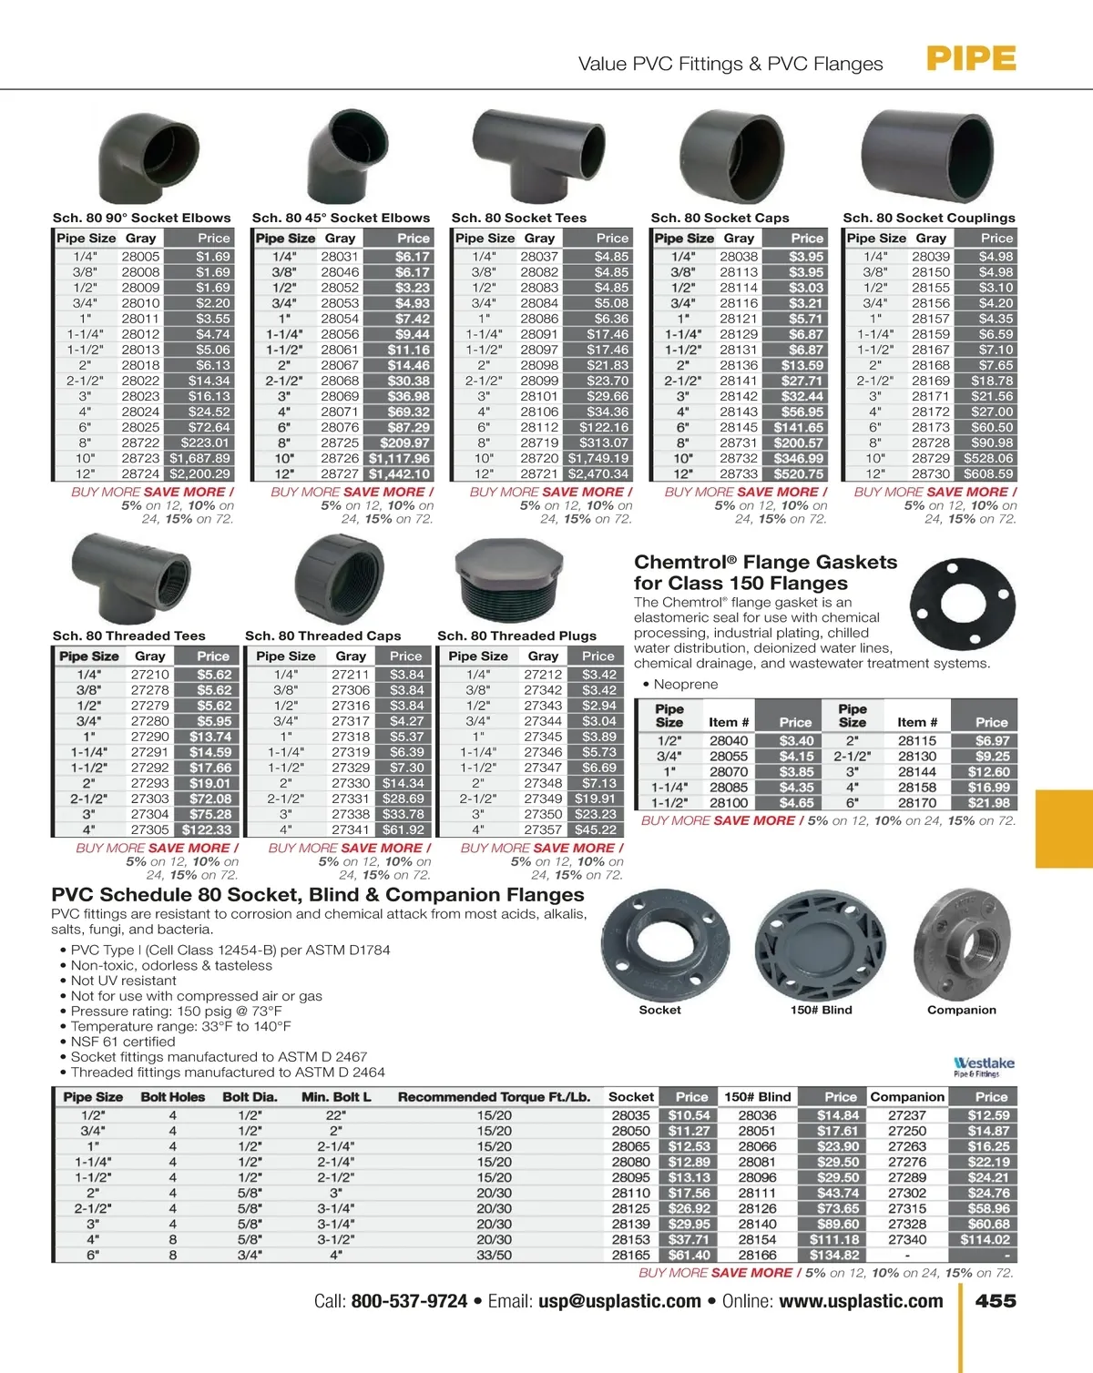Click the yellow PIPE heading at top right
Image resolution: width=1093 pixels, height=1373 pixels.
click(x=971, y=59)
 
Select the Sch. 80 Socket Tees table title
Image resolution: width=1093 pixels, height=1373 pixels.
click(x=519, y=218)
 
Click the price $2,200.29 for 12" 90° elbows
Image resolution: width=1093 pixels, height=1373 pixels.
click(x=200, y=473)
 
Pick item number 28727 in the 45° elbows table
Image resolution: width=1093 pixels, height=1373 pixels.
click(x=340, y=473)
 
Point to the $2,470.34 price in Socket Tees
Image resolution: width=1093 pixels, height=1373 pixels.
click(x=598, y=473)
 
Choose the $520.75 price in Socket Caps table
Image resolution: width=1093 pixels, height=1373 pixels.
click(x=799, y=473)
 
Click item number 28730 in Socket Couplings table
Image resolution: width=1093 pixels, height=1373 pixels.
click(x=931, y=473)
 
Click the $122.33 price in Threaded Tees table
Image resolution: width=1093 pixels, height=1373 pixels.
click(x=207, y=829)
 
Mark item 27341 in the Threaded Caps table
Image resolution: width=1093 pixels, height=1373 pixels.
click(x=351, y=829)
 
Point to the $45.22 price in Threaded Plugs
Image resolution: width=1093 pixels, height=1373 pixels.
click(x=596, y=829)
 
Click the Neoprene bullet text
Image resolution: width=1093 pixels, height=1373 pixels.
click(x=685, y=684)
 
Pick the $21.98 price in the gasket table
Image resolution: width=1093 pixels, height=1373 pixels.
click(x=989, y=803)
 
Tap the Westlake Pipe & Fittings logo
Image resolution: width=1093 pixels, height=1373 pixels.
click(x=983, y=1066)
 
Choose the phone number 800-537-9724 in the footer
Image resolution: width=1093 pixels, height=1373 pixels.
click(x=409, y=1301)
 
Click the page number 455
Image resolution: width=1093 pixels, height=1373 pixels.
click(x=996, y=1301)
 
